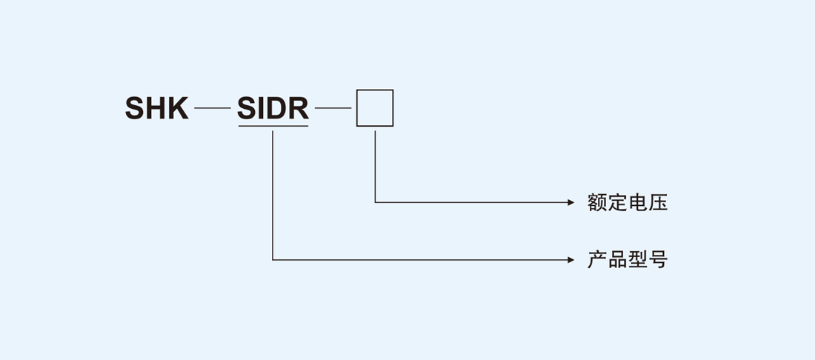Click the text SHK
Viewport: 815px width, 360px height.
click(x=156, y=108)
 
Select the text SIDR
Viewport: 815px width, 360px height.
click(x=273, y=108)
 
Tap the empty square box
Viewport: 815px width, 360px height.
click(x=375, y=108)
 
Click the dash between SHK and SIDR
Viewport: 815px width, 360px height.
click(x=213, y=108)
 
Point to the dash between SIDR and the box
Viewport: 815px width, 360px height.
click(x=333, y=108)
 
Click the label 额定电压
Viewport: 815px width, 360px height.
click(x=628, y=202)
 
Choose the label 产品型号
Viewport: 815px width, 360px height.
click(x=628, y=260)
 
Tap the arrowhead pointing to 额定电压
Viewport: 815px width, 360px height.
click(x=570, y=202)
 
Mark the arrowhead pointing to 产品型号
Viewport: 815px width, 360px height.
click(x=570, y=260)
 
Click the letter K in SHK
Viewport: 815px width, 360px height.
click(x=177, y=108)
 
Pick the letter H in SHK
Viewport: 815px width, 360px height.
click(x=156, y=108)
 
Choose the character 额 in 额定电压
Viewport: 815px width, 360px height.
click(x=597, y=202)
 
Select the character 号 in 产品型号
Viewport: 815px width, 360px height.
click(x=658, y=260)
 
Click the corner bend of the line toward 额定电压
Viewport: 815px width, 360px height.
click(x=375, y=202)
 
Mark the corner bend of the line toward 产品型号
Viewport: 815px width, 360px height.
click(x=273, y=260)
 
